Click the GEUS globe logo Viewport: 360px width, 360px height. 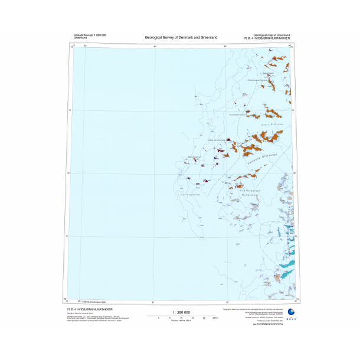pyautogui.click(x=290, y=312)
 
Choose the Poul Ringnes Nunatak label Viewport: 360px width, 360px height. pyautogui.click(x=195, y=156)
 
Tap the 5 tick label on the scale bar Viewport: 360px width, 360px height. pyautogui.click(x=170, y=318)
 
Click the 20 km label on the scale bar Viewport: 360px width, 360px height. pyautogui.click(x=205, y=318)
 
